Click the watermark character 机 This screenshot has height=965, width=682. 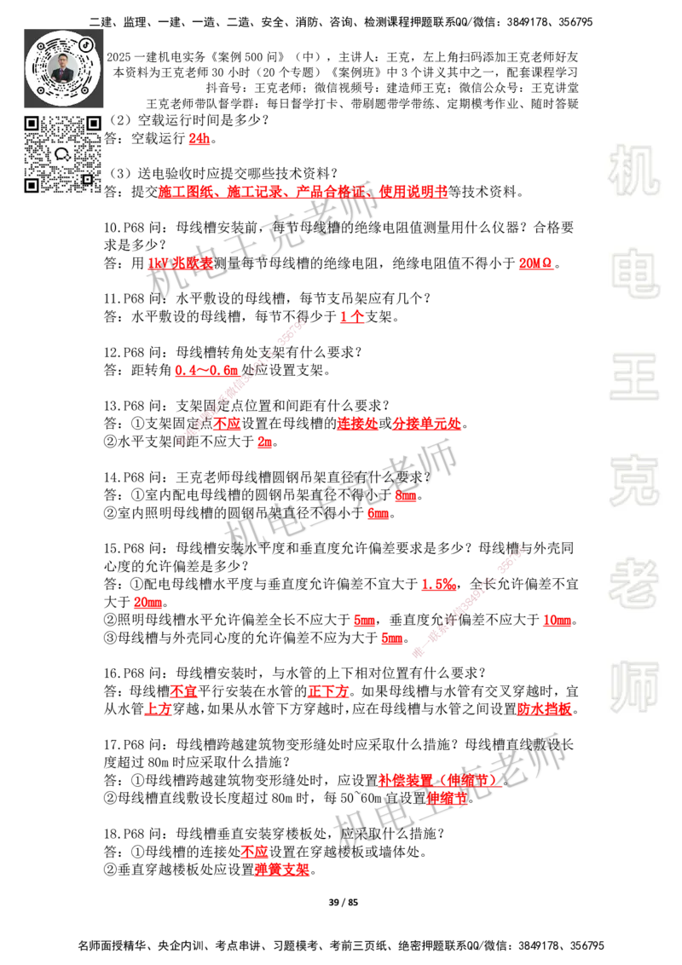click(x=633, y=170)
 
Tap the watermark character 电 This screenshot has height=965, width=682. click(x=637, y=272)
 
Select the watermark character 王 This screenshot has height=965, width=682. click(x=633, y=378)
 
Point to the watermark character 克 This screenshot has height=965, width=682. click(x=633, y=480)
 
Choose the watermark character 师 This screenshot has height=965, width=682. click(x=633, y=688)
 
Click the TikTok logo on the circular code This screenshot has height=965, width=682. click(x=86, y=43)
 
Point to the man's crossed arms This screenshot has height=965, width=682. click(x=63, y=76)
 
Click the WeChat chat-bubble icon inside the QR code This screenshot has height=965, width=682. click(x=63, y=154)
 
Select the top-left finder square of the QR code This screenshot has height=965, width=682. click(x=32, y=124)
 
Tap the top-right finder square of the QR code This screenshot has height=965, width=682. click(x=94, y=124)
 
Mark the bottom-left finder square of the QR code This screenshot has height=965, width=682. click(x=32, y=185)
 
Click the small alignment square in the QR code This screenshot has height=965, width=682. click(x=87, y=179)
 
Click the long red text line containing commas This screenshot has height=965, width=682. click(x=303, y=193)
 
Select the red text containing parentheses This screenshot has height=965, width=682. click(x=439, y=779)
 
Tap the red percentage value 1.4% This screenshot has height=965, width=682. click(x=438, y=585)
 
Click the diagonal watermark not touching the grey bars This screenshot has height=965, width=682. click(x=241, y=382)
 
